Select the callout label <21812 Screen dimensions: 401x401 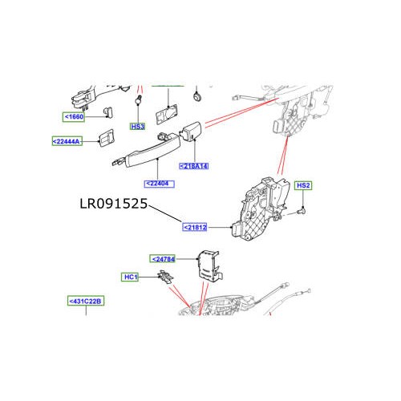pyautogui.click(x=196, y=227)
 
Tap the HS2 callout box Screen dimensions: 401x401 pyautogui.click(x=303, y=186)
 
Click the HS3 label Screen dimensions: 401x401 pyautogui.click(x=138, y=127)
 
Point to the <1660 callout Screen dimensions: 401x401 pyautogui.click(x=75, y=116)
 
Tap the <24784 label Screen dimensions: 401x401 pyautogui.click(x=164, y=259)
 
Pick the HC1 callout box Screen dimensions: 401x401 pyautogui.click(x=131, y=277)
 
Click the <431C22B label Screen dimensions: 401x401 pyautogui.click(x=86, y=302)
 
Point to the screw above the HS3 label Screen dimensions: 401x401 pyautogui.click(x=138, y=101)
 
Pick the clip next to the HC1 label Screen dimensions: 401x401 pyautogui.click(x=164, y=277)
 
